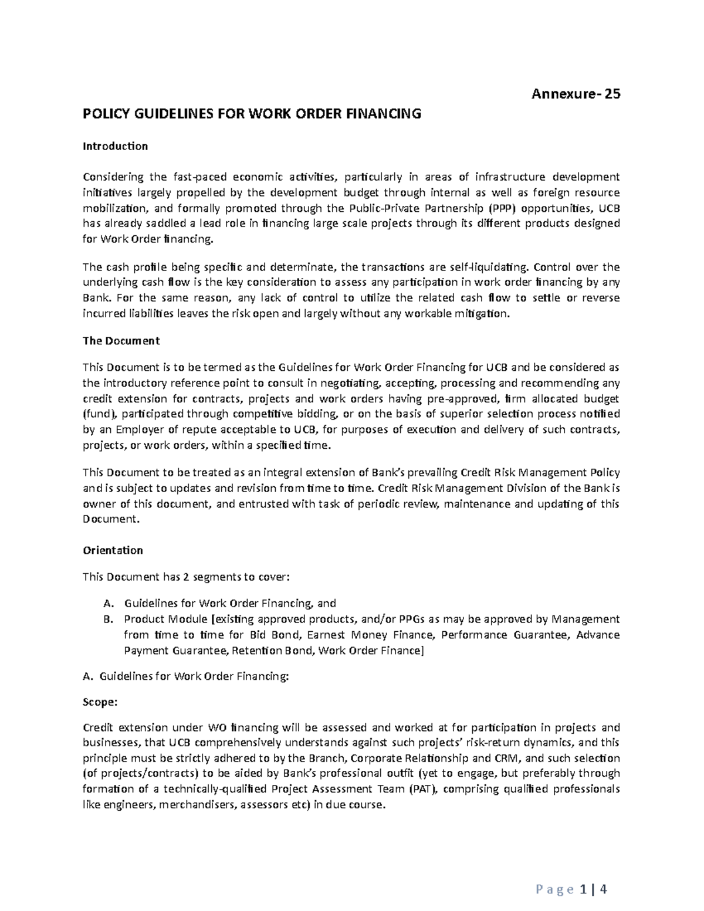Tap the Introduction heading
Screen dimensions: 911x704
click(x=115, y=146)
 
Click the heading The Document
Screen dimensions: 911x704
click(x=121, y=341)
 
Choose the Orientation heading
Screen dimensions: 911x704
click(x=113, y=550)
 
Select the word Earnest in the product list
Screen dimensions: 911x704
click(x=325, y=635)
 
